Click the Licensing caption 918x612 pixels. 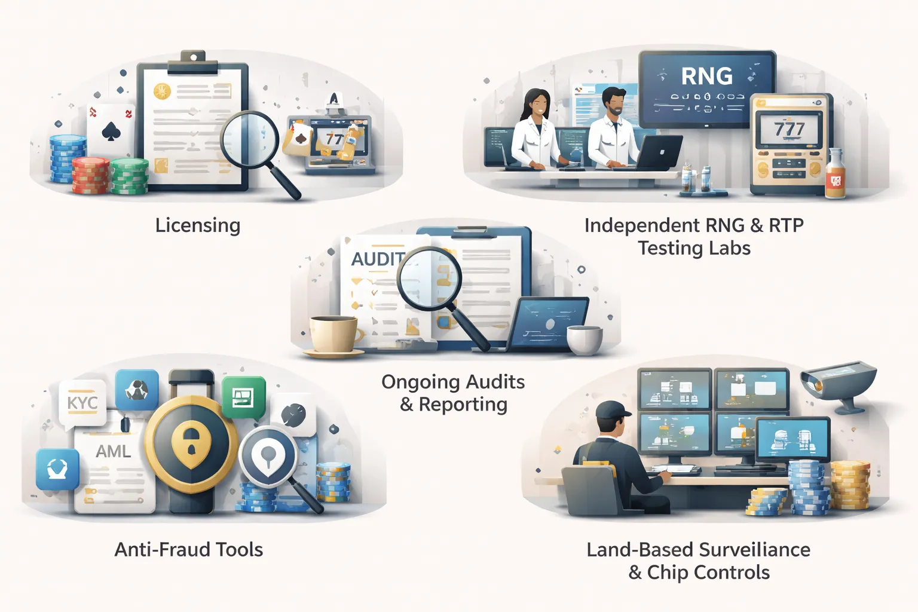(x=198, y=225)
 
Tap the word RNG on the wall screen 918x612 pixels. (x=706, y=76)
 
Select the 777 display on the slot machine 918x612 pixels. (x=789, y=129)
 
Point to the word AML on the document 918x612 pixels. (x=114, y=451)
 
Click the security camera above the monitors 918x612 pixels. (x=837, y=381)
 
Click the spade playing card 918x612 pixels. (x=111, y=130)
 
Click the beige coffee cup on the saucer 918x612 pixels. (x=333, y=334)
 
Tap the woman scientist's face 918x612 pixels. (x=539, y=106)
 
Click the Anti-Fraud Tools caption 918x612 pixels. (x=189, y=549)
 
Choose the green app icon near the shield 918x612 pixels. (x=244, y=397)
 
